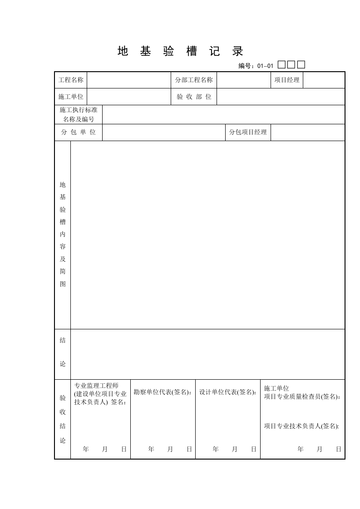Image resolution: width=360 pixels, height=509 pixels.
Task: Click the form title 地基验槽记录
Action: coord(180,51)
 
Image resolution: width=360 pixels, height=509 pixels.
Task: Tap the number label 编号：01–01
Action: coord(256,66)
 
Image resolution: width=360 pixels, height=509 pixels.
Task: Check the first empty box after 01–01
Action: coord(281,65)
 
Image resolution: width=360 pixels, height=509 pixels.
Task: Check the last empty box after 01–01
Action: coord(301,65)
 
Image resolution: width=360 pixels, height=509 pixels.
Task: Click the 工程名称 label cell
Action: coord(71,80)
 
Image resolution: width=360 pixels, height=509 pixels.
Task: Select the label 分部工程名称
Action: coord(194,80)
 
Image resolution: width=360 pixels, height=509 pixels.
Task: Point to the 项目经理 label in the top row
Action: coord(287,80)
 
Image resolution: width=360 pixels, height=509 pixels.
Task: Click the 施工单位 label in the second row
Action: coord(71,97)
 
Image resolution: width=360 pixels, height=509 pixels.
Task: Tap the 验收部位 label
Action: coord(194,97)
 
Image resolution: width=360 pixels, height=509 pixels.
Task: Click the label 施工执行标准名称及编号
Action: coord(79,114)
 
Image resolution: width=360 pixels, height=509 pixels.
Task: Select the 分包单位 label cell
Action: coord(79,132)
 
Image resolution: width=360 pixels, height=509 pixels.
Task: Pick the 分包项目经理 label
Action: coord(248,132)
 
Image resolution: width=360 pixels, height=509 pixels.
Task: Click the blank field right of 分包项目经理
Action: coord(307,132)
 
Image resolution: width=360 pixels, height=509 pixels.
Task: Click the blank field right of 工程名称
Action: coord(128,80)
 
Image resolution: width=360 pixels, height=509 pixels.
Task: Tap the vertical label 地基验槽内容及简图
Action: coord(63,235)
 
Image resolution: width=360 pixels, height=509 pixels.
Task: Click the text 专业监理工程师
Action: coord(96,386)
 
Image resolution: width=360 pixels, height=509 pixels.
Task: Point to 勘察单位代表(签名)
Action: coord(163,392)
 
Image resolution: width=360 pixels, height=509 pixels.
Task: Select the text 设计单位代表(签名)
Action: coord(227,392)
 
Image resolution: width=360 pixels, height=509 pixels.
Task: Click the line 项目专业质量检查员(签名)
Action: coord(302,396)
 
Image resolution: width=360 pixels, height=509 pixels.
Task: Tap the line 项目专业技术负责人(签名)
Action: coord(301,426)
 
